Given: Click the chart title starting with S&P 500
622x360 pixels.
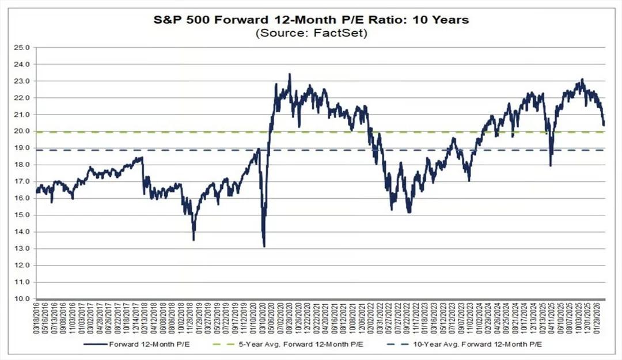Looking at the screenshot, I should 310,20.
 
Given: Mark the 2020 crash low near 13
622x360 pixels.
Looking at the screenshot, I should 264,246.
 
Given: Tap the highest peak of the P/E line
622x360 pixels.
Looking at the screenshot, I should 289,74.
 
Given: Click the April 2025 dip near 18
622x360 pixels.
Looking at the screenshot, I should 551,165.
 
